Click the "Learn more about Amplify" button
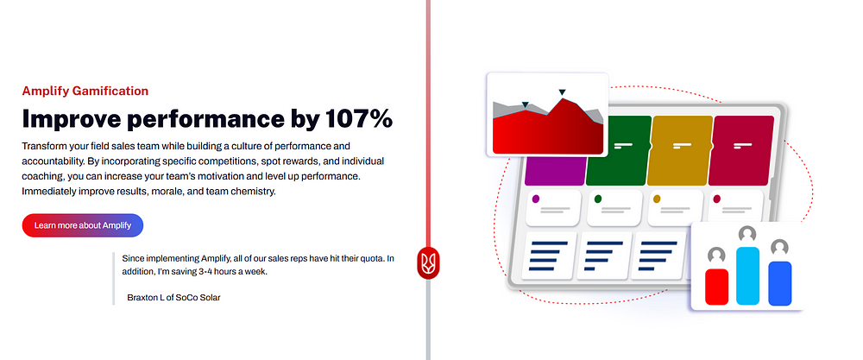pos(83,225)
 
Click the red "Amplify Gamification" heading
pos(85,91)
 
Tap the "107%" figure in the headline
pos(358,118)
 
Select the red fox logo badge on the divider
pos(428,262)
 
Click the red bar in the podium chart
pos(716,287)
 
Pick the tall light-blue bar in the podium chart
pos(748,275)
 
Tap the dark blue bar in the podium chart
pos(779,283)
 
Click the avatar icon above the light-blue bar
pos(747,235)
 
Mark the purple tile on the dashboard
pos(555,171)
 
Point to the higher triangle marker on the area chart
pos(562,92)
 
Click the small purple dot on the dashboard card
pos(536,199)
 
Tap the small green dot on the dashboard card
pos(598,199)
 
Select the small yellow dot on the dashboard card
pos(656,199)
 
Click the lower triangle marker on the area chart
pos(525,104)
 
